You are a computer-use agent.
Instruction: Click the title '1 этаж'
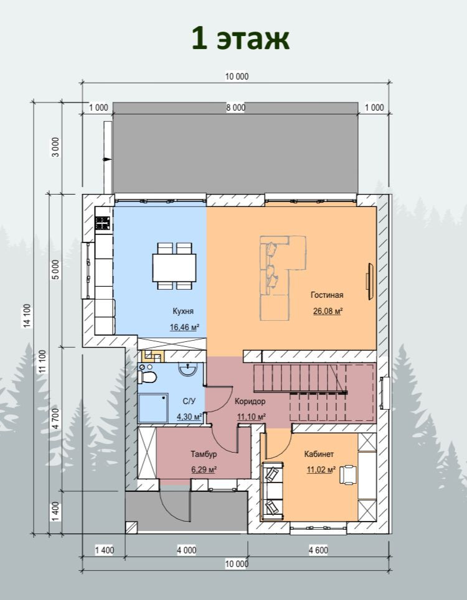coord(240,39)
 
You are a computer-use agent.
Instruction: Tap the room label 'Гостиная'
coord(327,295)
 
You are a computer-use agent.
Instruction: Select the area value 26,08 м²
coord(328,311)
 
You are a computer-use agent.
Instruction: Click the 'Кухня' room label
coord(182,311)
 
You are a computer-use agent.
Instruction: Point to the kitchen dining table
coord(174,267)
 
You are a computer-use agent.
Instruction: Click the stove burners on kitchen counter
coord(103,223)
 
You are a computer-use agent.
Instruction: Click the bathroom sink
coord(187,370)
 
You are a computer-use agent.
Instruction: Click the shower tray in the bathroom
coord(153,408)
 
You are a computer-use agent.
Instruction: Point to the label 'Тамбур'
coord(204,455)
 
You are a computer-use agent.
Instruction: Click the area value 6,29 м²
coord(204,469)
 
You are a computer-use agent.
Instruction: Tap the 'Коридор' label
coord(250,402)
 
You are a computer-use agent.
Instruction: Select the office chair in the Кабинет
coord(348,475)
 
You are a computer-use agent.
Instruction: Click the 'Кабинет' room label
coord(319,455)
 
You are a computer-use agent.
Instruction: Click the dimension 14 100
coord(27,316)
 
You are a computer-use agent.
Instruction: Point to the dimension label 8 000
coord(235,108)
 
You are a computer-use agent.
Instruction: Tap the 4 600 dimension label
coord(318,550)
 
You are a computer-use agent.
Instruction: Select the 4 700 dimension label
coord(56,418)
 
